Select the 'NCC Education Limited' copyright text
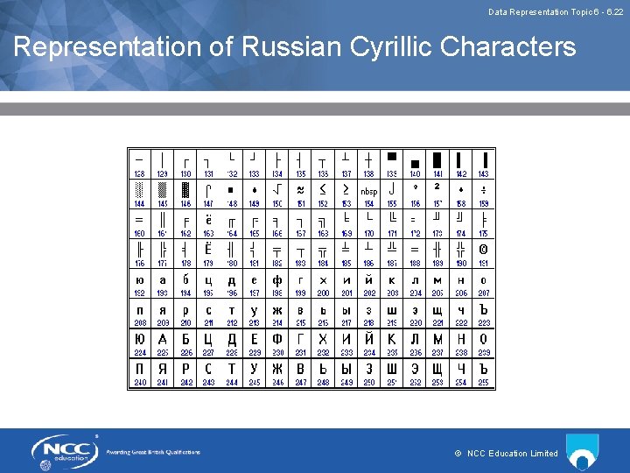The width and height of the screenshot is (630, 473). click(x=511, y=453)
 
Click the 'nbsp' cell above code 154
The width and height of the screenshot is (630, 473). click(x=369, y=191)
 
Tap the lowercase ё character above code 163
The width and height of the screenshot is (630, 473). click(x=208, y=220)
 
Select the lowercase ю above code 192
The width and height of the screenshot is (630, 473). click(x=140, y=280)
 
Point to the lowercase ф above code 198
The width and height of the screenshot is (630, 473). click(x=277, y=280)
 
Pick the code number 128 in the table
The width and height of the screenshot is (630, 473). click(x=140, y=174)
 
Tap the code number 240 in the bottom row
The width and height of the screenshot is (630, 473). click(x=140, y=383)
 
